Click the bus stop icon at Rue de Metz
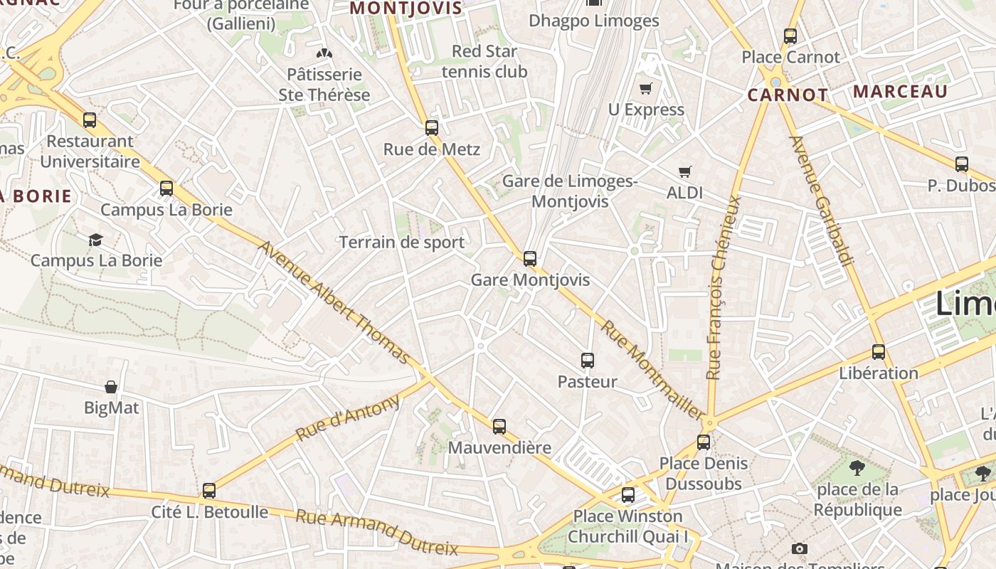point(431,128)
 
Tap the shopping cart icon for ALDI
point(684,171)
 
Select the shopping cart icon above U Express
point(645,89)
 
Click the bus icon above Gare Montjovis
point(529,259)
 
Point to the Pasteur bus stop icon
point(587,361)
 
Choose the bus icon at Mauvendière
point(499,427)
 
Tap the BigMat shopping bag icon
point(111,387)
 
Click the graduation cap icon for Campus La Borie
point(95,240)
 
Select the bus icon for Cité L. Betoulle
point(208,491)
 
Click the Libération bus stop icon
point(878,352)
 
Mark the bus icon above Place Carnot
point(790,36)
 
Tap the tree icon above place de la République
point(857,468)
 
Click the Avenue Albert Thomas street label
point(334,302)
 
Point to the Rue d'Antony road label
point(348,418)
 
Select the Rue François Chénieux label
point(723,287)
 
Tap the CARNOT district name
point(787,95)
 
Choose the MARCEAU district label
point(900,92)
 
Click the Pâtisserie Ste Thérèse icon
point(324,53)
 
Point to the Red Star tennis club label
point(484,61)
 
